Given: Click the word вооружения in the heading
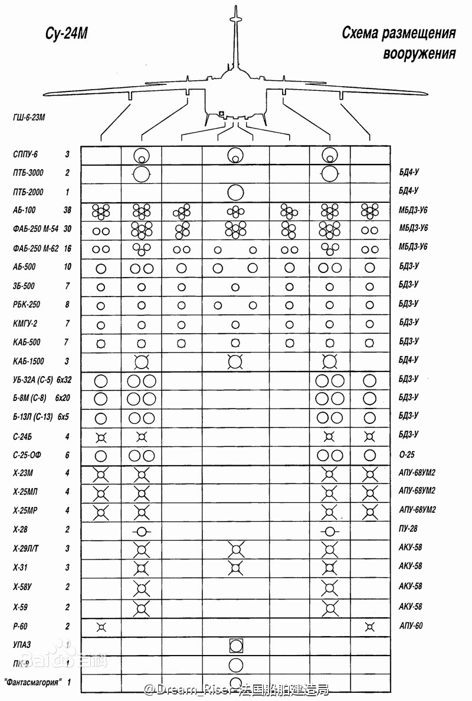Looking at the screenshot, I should click(419, 54).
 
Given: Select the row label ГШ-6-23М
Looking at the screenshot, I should click(29, 117).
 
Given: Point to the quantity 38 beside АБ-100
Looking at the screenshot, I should click(67, 210).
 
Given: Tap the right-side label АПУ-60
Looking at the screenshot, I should click(411, 626).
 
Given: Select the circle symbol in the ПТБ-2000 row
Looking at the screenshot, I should click(235, 192).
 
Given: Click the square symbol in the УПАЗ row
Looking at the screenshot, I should click(236, 645).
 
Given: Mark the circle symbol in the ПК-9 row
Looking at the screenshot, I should click(235, 665).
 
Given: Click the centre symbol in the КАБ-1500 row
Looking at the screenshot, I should click(235, 361).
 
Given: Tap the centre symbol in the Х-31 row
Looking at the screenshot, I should click(236, 568).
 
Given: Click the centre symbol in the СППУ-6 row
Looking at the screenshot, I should click(235, 155).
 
